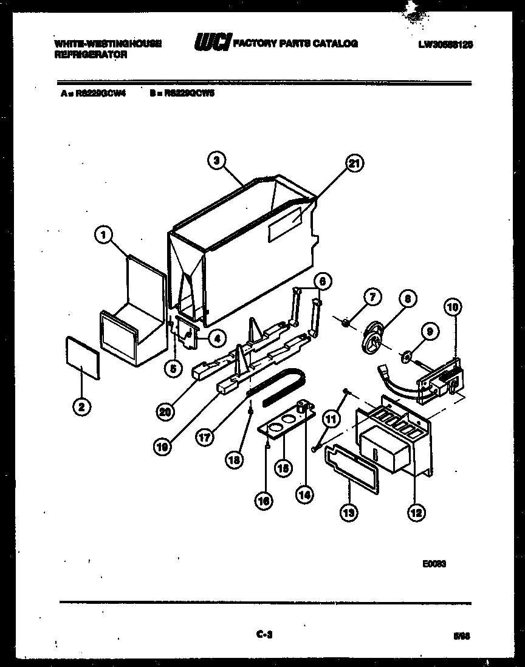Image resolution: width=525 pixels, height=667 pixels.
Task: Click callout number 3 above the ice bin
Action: pyautogui.click(x=216, y=160)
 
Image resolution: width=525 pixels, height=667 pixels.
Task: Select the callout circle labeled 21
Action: pyautogui.click(x=354, y=163)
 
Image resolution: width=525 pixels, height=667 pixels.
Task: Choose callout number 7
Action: pyautogui.click(x=372, y=297)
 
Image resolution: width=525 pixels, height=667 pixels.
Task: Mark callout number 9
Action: pyautogui.click(x=429, y=332)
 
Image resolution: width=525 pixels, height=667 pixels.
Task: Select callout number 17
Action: pyautogui.click(x=205, y=437)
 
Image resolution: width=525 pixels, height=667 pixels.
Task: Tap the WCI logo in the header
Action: pyautogui.click(x=211, y=44)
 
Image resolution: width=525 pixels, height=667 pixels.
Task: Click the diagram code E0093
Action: pyautogui.click(x=435, y=563)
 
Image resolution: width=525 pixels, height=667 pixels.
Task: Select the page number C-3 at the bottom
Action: pyautogui.click(x=263, y=635)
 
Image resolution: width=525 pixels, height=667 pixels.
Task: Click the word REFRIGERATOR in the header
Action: pyautogui.click(x=91, y=54)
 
